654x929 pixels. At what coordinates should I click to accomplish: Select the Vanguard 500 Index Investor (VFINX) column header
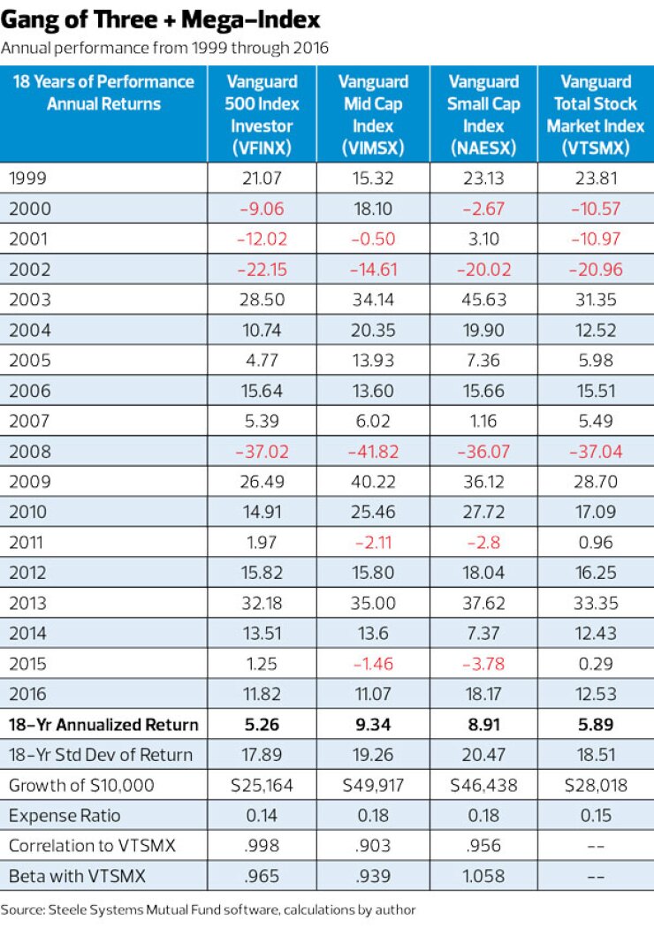coord(262,115)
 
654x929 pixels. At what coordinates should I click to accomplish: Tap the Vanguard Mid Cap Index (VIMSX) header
coord(373,115)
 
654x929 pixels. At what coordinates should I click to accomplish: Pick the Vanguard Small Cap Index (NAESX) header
coord(484,115)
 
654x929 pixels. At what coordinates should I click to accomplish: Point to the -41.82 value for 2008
coord(373,452)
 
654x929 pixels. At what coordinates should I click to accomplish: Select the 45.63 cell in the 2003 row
coord(484,299)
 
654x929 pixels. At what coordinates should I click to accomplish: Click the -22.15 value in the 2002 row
coord(262,269)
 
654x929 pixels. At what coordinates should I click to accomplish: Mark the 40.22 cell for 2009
coord(373,483)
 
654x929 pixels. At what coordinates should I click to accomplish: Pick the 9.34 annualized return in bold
coord(373,725)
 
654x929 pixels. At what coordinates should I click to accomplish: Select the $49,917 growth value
coord(373,785)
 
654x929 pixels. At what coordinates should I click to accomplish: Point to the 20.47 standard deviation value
coord(484,755)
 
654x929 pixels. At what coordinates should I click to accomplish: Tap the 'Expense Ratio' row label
coord(64,815)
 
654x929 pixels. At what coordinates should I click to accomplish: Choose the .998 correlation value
coord(262,846)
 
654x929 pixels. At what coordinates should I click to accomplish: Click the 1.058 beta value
coord(484,876)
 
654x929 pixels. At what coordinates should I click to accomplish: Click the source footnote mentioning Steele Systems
coord(208,909)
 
